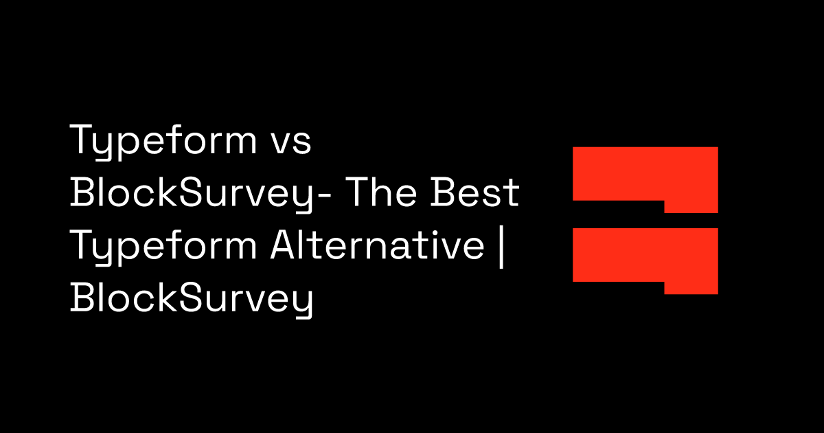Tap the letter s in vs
tap(302, 144)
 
